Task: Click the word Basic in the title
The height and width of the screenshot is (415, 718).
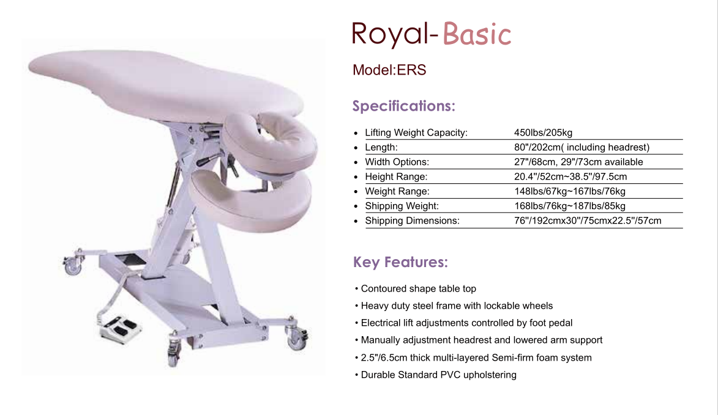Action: pyautogui.click(x=477, y=34)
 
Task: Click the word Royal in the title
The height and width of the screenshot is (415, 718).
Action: pyautogui.click(x=390, y=34)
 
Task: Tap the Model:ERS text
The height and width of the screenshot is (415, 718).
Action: pyautogui.click(x=389, y=70)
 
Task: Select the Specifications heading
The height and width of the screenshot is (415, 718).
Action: pyautogui.click(x=403, y=106)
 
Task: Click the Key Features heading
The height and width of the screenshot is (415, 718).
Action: pyautogui.click(x=400, y=262)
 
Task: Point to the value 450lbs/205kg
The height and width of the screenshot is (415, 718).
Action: pyautogui.click(x=543, y=133)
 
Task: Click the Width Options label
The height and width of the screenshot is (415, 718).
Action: pyautogui.click(x=397, y=162)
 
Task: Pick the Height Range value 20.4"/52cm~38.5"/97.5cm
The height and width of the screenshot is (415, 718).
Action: pyautogui.click(x=570, y=177)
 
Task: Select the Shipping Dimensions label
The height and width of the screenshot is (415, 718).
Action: pyautogui.click(x=412, y=220)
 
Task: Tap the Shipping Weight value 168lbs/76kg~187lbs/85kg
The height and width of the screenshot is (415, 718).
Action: pyautogui.click(x=570, y=206)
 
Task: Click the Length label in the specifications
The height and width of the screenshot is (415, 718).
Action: pyautogui.click(x=381, y=147)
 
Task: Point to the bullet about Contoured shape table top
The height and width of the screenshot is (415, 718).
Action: pyautogui.click(x=416, y=289)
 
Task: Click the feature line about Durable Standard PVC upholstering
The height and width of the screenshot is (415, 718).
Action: pyautogui.click(x=435, y=375)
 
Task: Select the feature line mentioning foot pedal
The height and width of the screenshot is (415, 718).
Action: pyautogui.click(x=464, y=323)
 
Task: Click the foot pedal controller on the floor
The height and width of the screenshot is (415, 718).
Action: pyautogui.click(x=120, y=328)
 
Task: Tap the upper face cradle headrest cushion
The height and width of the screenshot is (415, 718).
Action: pyautogui.click(x=270, y=142)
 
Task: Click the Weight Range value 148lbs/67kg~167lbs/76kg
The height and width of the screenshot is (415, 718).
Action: pyautogui.click(x=570, y=191)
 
